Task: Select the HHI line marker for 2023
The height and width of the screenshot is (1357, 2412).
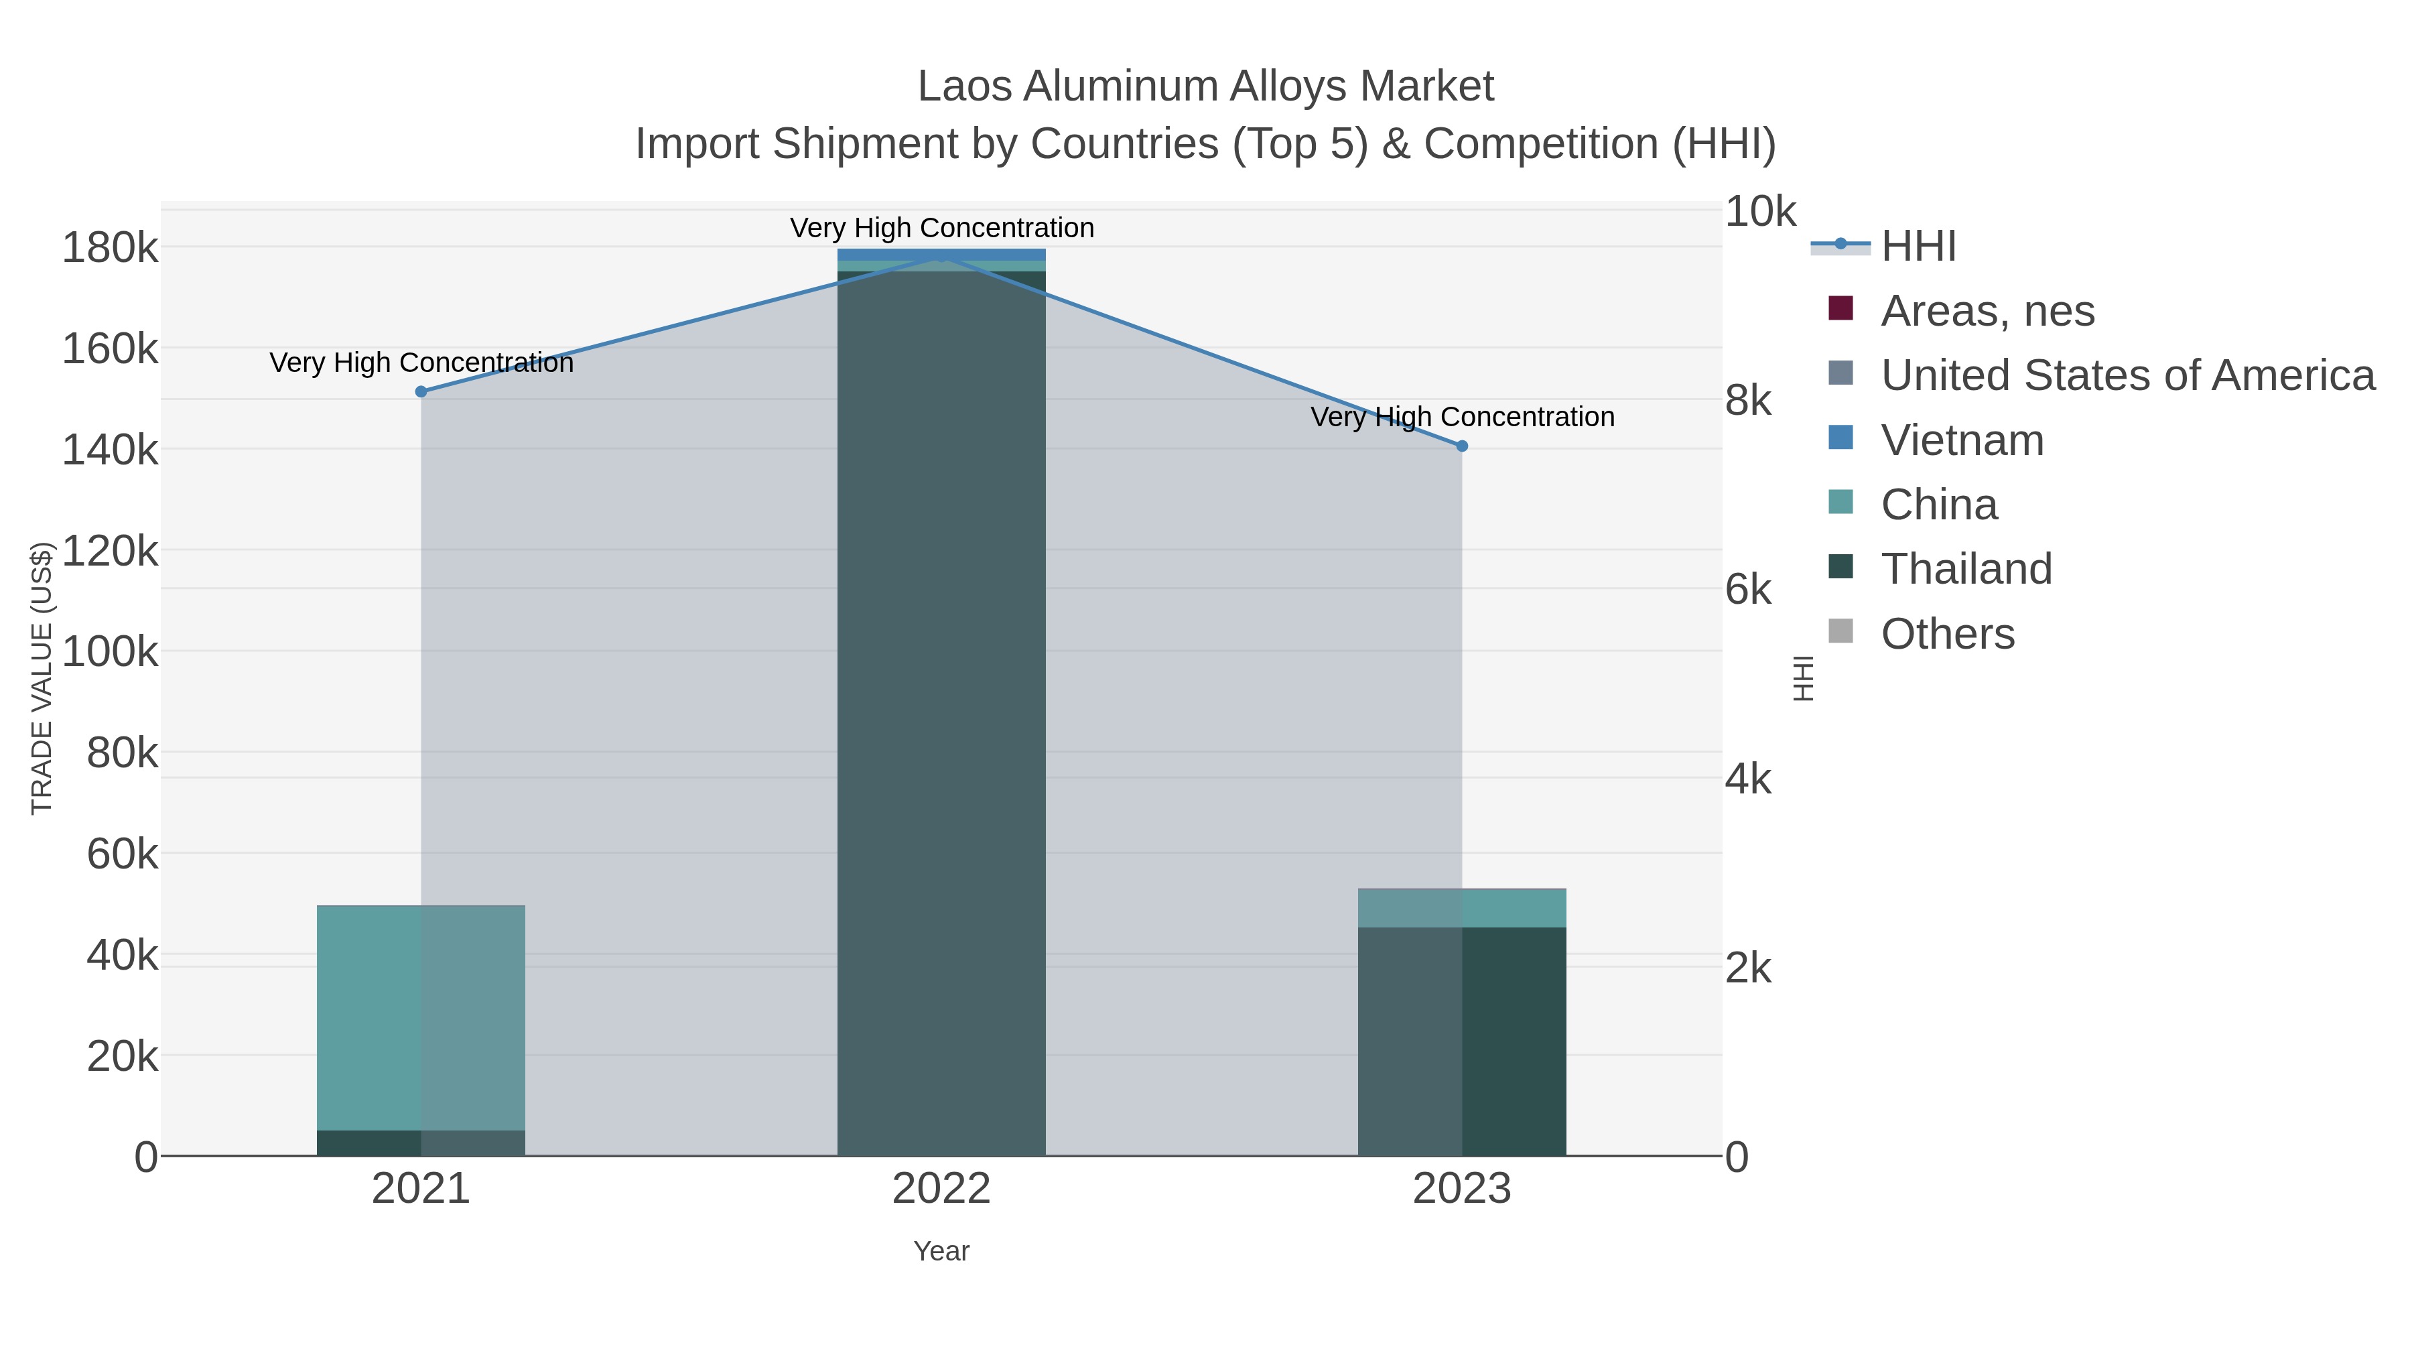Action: click(1462, 446)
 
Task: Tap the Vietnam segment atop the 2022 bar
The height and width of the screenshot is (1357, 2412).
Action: click(941, 254)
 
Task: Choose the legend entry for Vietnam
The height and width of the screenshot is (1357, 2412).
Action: click(1962, 440)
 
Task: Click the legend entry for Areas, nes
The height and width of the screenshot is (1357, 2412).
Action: click(1987, 311)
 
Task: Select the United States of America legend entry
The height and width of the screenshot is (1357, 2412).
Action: click(2127, 375)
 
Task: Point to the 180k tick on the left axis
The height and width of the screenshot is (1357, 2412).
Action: click(110, 249)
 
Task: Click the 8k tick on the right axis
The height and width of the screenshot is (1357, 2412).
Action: click(1748, 401)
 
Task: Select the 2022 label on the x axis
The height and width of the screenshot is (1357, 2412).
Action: click(941, 1189)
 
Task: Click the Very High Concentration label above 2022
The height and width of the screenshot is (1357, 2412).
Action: click(941, 228)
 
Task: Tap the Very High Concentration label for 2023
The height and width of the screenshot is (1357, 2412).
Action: click(1462, 417)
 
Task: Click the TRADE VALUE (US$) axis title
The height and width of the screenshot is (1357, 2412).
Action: click(42, 678)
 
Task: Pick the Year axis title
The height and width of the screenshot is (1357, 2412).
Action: click(941, 1251)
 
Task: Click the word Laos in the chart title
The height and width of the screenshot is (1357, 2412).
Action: click(963, 86)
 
